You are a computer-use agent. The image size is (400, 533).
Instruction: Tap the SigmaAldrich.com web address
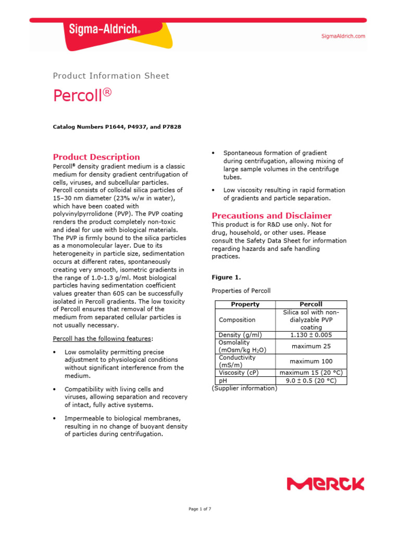point(342,36)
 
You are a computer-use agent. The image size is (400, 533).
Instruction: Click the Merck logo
point(326,485)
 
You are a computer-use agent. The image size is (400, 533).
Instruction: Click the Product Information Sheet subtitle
point(111,76)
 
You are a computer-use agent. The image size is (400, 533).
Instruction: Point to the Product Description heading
point(96,157)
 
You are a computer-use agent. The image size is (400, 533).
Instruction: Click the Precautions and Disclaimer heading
point(271,215)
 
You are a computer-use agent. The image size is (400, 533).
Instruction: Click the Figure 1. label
point(223,277)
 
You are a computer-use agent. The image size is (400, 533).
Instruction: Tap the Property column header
point(245,304)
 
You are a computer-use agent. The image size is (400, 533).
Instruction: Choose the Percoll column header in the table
point(311,304)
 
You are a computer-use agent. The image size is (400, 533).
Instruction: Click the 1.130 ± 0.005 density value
point(311,335)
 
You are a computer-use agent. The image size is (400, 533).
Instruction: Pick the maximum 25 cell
point(311,346)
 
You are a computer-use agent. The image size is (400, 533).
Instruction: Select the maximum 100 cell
point(311,361)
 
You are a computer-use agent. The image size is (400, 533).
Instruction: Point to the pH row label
point(223,380)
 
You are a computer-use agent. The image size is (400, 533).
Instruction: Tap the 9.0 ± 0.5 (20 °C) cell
point(311,380)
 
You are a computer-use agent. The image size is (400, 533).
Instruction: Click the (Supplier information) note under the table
point(244,388)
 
